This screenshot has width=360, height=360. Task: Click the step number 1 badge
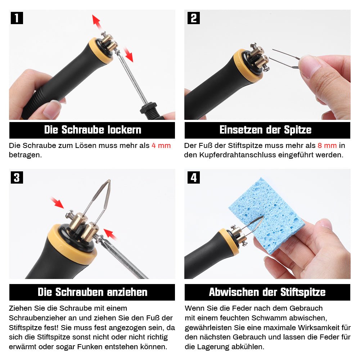(17, 18)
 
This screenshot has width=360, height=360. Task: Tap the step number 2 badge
(193, 18)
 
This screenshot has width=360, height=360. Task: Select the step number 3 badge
(17, 177)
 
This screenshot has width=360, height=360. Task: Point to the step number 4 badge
(193, 177)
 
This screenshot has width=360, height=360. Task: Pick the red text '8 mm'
(327, 146)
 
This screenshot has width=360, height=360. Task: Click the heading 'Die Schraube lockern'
(93, 130)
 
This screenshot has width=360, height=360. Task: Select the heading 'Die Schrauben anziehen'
(93, 292)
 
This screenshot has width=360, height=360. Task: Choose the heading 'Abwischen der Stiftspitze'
(267, 292)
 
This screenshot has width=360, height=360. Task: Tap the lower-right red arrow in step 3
(110, 234)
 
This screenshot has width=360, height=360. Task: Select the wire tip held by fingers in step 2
(284, 59)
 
